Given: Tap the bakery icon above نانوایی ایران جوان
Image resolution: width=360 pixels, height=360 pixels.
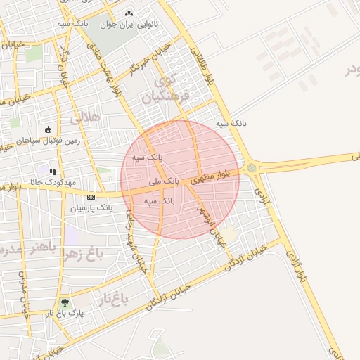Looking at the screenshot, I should point(129,13).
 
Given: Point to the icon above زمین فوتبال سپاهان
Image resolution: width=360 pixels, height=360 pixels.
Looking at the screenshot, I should point(48,129).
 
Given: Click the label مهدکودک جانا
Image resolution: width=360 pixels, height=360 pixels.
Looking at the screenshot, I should point(52,182).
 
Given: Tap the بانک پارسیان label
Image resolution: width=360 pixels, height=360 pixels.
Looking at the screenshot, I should point(91,208).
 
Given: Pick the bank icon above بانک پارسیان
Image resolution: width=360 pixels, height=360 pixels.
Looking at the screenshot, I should point(91,197).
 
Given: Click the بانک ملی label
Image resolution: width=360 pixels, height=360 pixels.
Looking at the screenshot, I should point(165,181).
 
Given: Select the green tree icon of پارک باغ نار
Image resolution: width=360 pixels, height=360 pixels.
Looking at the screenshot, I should point(65,302).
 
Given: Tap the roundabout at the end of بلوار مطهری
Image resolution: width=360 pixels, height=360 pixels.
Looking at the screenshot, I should point(251,167).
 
